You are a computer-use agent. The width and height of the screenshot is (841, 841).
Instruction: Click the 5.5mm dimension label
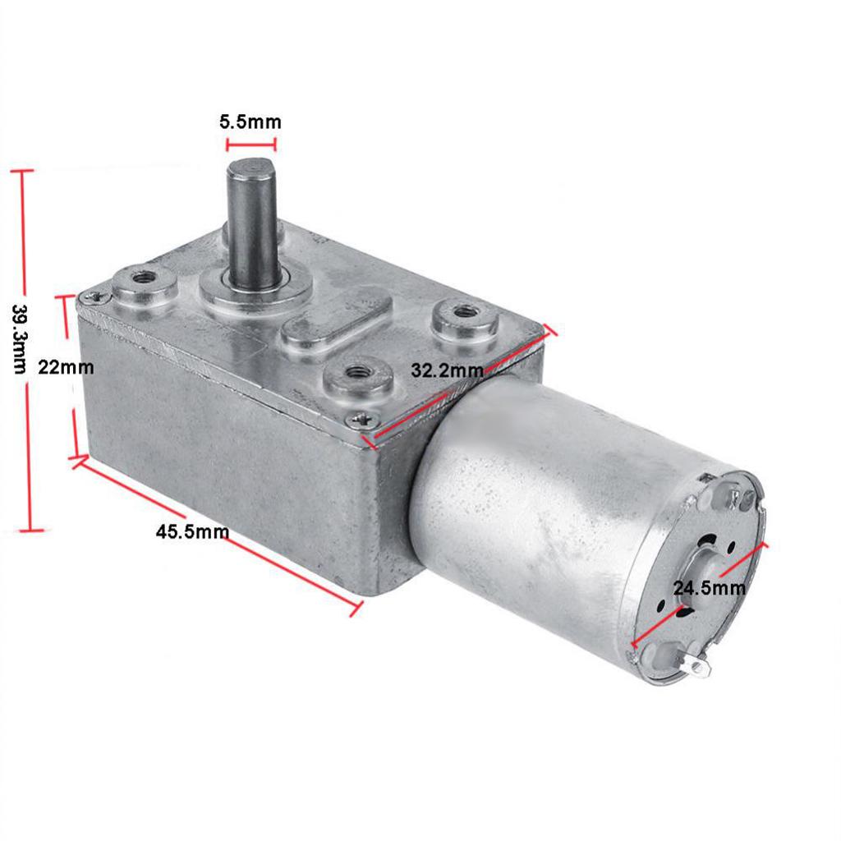point(250,122)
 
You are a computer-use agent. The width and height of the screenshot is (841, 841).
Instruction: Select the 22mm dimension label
point(66,367)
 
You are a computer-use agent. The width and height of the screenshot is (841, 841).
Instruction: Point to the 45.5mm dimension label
point(192,531)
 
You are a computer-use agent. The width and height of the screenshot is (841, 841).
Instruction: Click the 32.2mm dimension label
point(448,370)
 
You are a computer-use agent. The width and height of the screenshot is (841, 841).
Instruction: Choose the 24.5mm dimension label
point(709,587)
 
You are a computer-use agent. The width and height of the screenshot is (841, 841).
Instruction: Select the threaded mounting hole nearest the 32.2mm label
point(357,373)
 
